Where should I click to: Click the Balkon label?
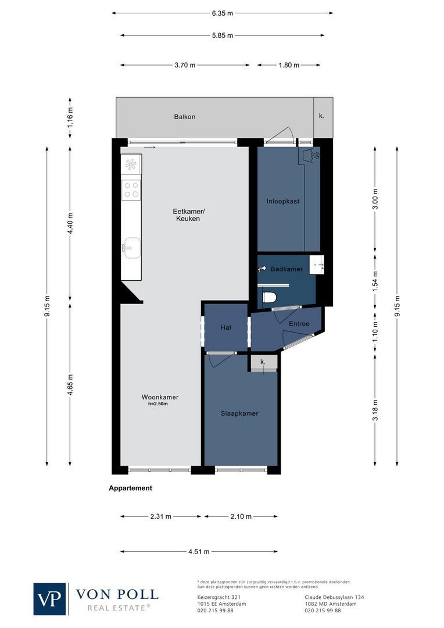click(185, 117)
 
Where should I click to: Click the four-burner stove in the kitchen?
click(131, 190)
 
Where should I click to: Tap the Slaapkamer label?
click(239, 413)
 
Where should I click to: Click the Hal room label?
click(226, 328)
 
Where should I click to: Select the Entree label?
click(299, 324)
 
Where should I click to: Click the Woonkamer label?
click(160, 397)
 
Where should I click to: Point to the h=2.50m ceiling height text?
click(157, 404)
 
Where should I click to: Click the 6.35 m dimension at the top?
click(222, 13)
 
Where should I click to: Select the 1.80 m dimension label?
click(289, 65)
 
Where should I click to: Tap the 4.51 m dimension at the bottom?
click(198, 552)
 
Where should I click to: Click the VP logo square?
click(50, 599)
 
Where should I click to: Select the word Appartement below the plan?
click(131, 488)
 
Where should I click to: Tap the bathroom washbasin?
click(317, 265)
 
